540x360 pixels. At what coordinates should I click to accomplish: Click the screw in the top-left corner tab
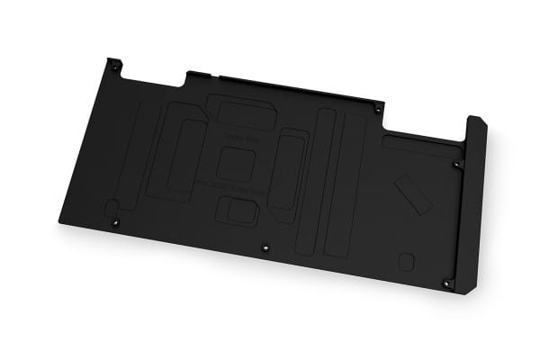point(113,64)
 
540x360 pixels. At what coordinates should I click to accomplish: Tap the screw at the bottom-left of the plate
point(113,222)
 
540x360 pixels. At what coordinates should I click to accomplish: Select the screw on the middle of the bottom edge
point(264,248)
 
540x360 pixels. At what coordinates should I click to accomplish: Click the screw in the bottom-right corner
point(447,283)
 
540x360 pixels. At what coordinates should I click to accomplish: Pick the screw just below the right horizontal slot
point(456,165)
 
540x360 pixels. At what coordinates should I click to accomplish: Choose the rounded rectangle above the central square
point(240,115)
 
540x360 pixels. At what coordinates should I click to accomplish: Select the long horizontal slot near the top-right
point(418,144)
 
